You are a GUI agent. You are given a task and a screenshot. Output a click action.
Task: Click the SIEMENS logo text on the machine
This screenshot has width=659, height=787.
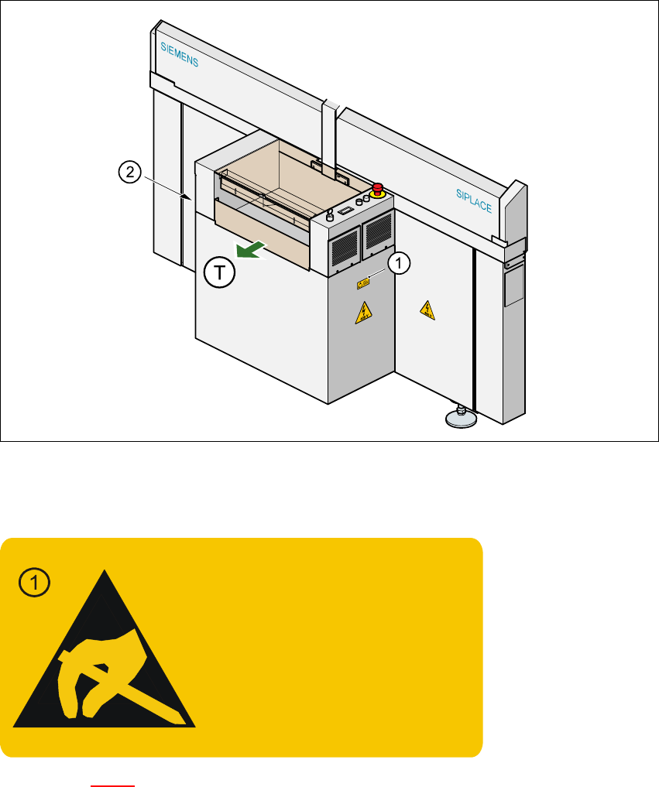coord(179,56)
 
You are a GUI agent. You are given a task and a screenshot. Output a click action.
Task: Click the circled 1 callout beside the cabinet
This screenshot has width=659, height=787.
coord(397,264)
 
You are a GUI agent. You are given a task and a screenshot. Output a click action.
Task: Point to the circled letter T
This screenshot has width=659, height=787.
coord(219,274)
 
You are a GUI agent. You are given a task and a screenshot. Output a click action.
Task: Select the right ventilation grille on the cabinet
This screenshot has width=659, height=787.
coord(378,230)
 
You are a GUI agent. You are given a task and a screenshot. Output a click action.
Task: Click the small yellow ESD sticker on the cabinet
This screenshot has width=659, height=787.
coord(362,283)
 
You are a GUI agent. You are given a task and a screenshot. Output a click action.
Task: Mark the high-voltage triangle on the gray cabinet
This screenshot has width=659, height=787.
coord(362,313)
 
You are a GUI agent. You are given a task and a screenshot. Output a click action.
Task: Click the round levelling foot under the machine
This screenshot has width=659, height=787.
coord(458,419)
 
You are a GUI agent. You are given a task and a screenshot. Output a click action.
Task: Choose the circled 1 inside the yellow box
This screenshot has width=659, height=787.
coord(35,582)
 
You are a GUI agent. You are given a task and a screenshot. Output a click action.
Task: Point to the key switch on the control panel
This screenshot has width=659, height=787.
coord(330,215)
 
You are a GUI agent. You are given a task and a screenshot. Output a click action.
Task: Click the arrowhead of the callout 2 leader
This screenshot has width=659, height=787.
coord(189,198)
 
